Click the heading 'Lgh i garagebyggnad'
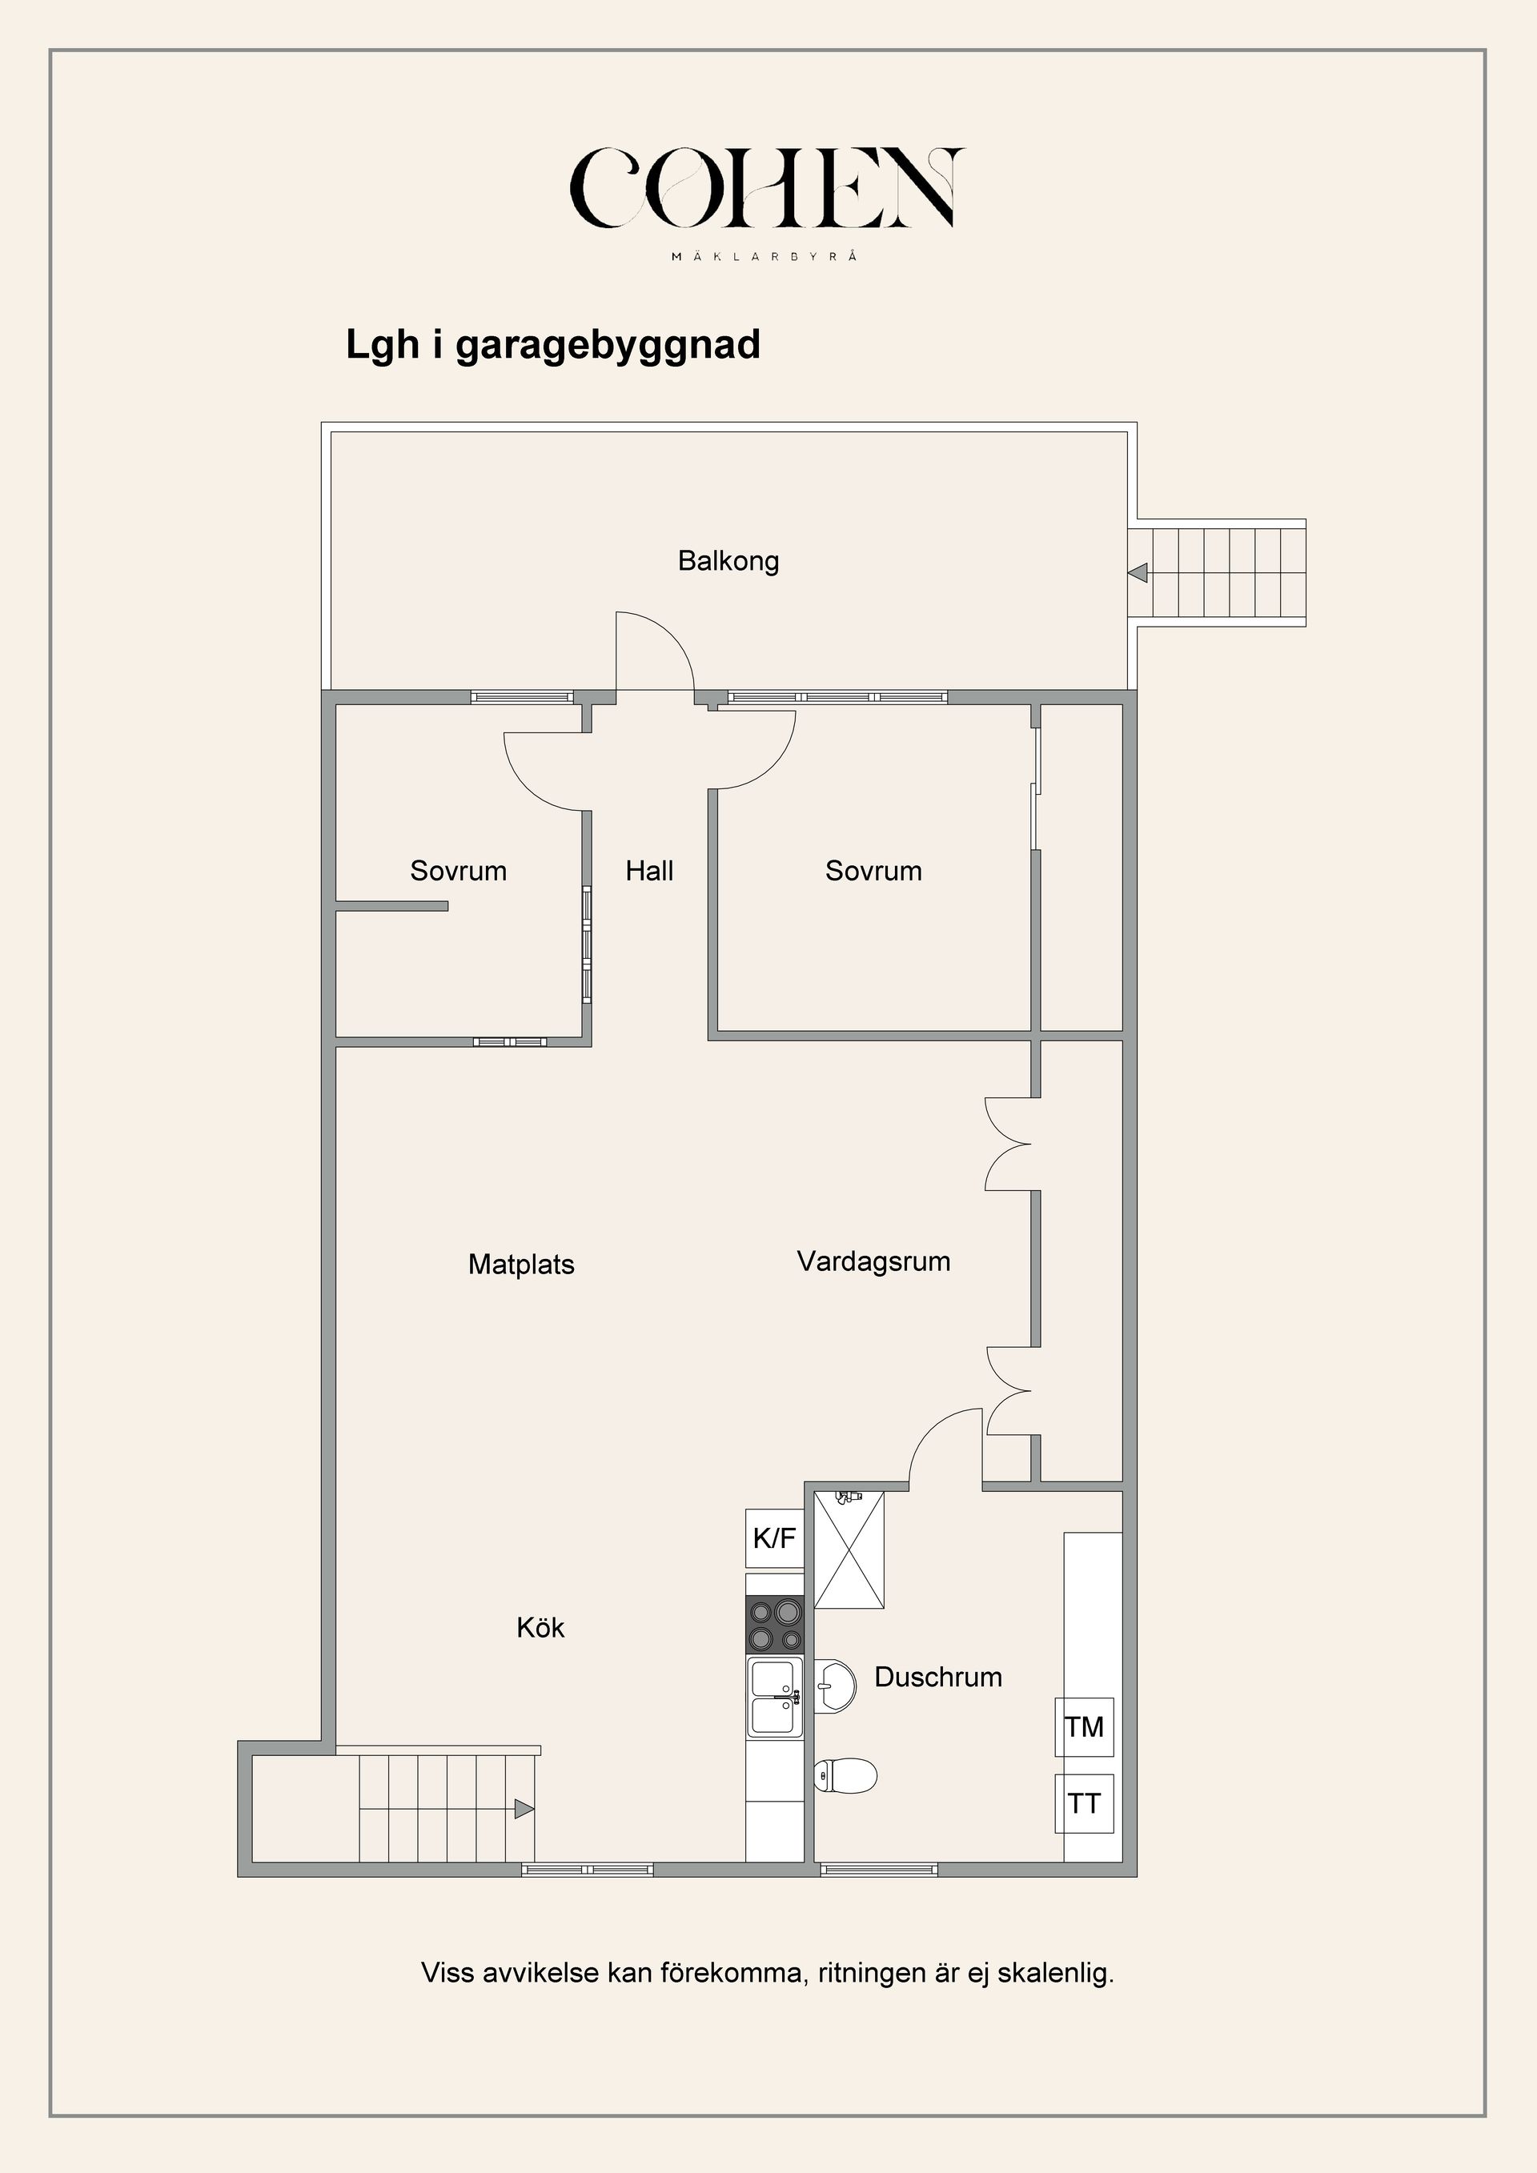[552, 344]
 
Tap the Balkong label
[728, 561]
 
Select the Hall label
[649, 871]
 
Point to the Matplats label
[521, 1265]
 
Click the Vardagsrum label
[873, 1261]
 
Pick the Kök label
[540, 1628]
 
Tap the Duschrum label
[938, 1677]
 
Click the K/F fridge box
[774, 1538]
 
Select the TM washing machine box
[1085, 1727]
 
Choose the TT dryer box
[1085, 1804]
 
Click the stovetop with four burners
[775, 1624]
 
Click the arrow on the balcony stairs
[1138, 572]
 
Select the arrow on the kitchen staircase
[524, 1809]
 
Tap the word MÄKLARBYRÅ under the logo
[764, 256]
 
